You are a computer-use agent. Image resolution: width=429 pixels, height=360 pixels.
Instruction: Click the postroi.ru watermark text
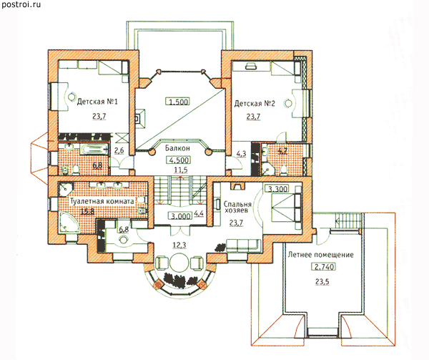pyautogui.click(x=21, y=4)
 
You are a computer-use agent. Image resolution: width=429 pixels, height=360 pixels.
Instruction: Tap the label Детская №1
pyautogui.click(x=97, y=102)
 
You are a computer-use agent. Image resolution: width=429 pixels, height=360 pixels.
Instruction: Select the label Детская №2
pyautogui.click(x=255, y=104)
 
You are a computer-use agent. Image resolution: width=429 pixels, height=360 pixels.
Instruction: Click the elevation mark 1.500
pyautogui.click(x=178, y=102)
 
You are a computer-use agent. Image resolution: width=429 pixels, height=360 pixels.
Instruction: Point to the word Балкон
pyautogui.click(x=177, y=148)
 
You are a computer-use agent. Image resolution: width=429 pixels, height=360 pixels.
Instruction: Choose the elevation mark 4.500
pyautogui.click(x=178, y=160)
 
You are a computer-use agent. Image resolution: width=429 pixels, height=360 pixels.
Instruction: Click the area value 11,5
pyautogui.click(x=181, y=170)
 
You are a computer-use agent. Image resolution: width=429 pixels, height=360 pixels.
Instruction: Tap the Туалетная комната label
pyautogui.click(x=102, y=201)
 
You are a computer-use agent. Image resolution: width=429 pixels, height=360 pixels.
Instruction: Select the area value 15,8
pyautogui.click(x=87, y=211)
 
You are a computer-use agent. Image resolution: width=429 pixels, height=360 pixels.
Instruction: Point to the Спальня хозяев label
pyautogui.click(x=237, y=207)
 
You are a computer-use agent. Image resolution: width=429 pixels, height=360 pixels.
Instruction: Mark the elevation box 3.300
pyautogui.click(x=277, y=189)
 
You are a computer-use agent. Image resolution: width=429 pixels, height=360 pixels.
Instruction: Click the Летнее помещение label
pyautogui.click(x=320, y=255)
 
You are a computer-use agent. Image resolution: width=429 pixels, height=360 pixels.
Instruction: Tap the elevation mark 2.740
pyautogui.click(x=324, y=266)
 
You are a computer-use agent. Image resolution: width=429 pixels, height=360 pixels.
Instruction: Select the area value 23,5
pyautogui.click(x=322, y=281)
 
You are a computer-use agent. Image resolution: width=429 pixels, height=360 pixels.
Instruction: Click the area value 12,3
pyautogui.click(x=179, y=245)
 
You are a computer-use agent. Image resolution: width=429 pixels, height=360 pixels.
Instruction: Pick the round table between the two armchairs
pyautogui.click(x=179, y=263)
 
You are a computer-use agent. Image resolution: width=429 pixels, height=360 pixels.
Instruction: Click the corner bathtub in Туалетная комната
pyautogui.click(x=69, y=223)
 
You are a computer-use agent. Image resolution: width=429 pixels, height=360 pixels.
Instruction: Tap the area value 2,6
pyautogui.click(x=119, y=150)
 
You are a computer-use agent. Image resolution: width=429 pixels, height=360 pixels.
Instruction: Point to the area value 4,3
pyautogui.click(x=241, y=154)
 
